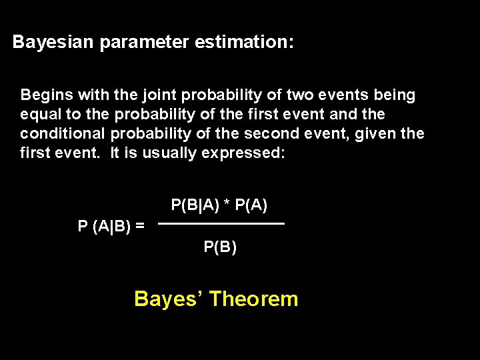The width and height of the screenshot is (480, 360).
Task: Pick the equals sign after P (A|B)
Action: pyautogui.click(x=139, y=226)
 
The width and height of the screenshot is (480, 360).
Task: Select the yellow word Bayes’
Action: pyautogui.click(x=169, y=299)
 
